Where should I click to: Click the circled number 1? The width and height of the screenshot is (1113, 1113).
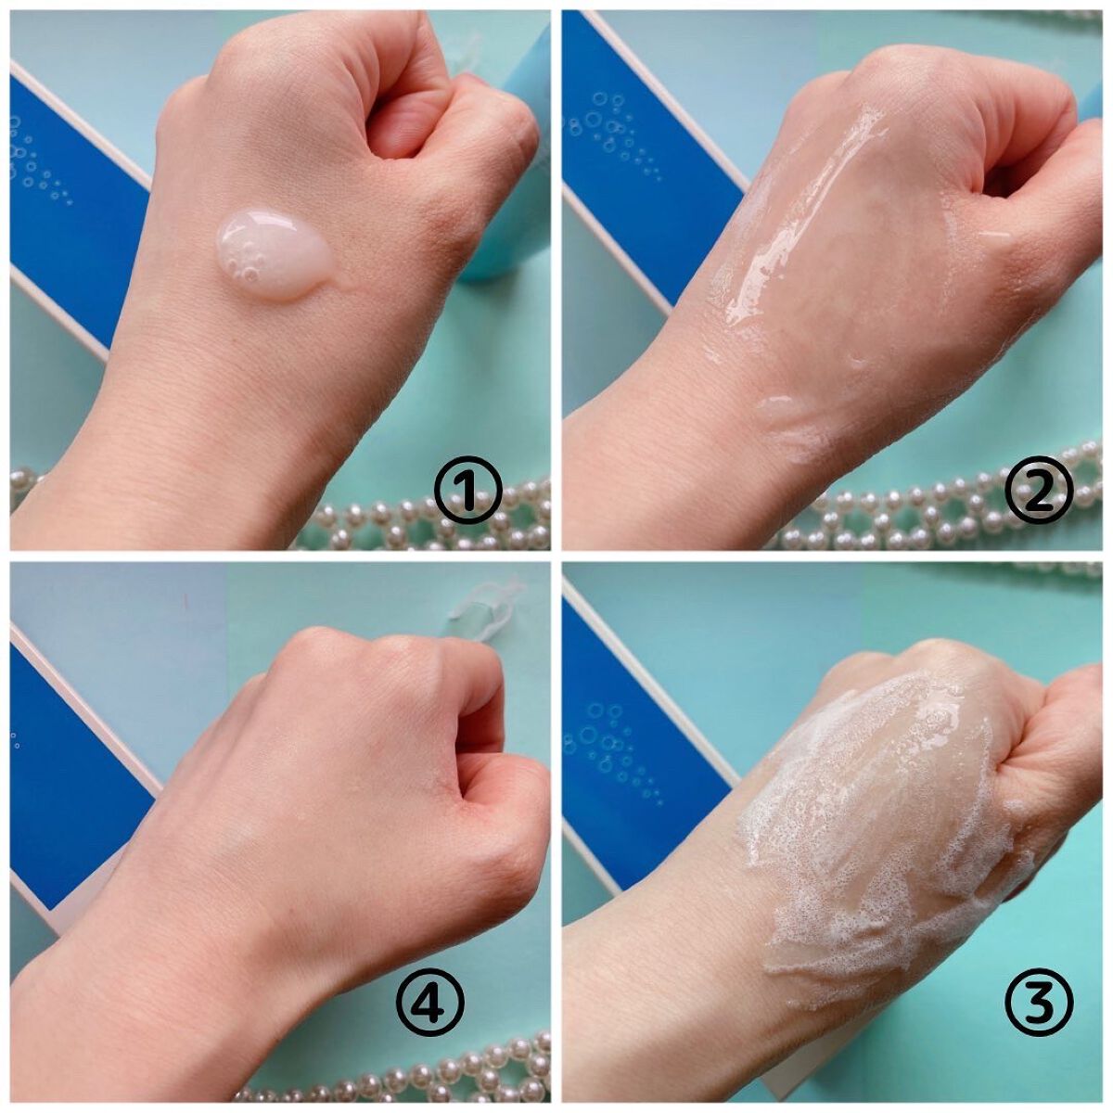(467, 489)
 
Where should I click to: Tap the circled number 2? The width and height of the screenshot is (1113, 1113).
(1038, 489)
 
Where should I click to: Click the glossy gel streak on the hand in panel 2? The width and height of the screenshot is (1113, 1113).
(809, 220)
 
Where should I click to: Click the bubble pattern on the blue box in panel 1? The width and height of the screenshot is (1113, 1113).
(41, 161)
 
